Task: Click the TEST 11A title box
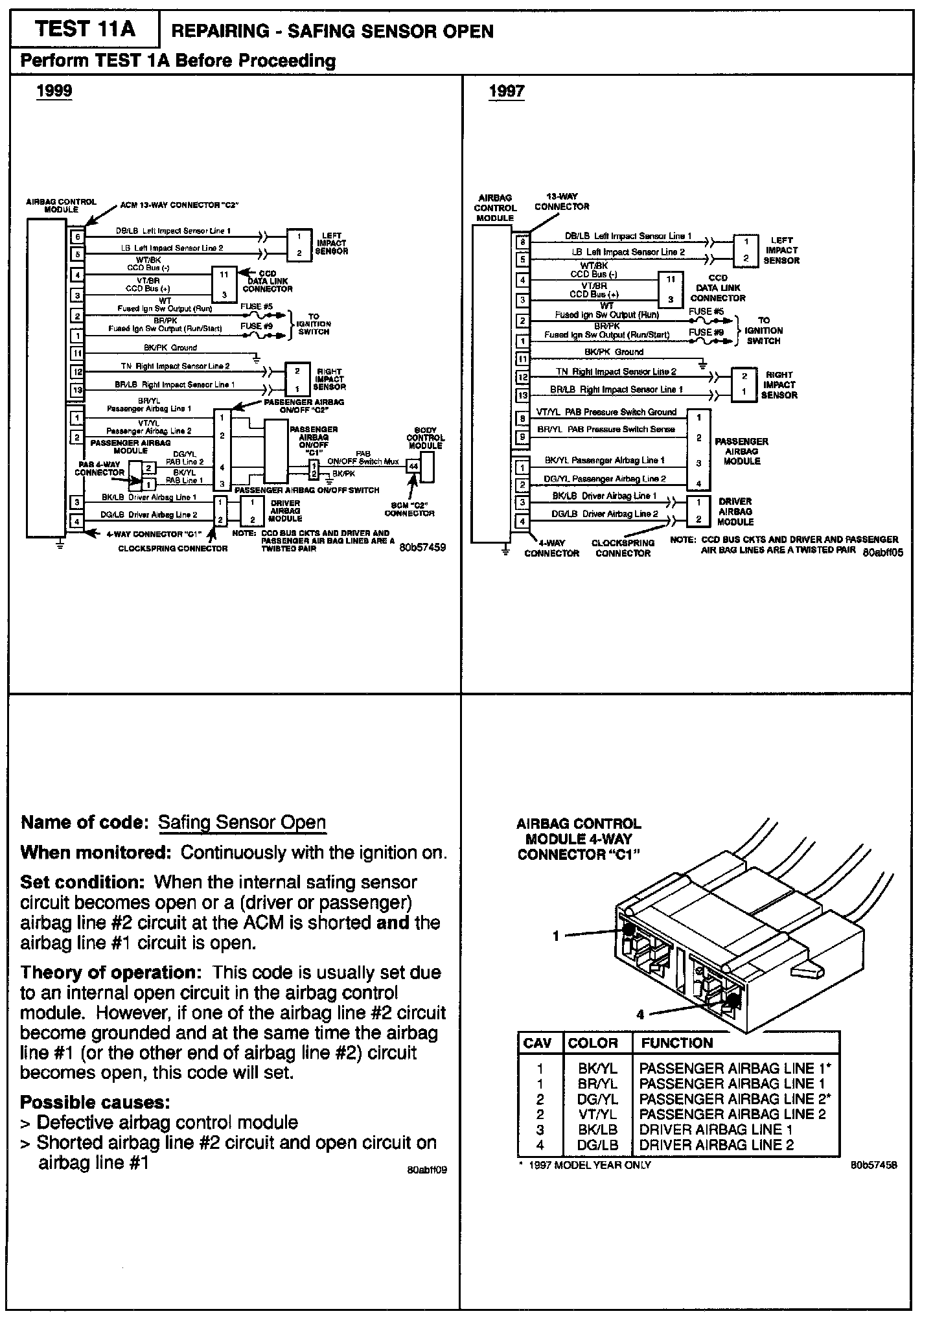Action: click(85, 29)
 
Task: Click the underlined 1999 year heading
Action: click(54, 91)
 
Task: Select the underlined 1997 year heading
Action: click(506, 91)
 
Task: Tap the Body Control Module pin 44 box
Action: click(413, 466)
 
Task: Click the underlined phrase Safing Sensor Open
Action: click(242, 822)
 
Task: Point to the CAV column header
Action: click(537, 1043)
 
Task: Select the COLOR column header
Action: click(592, 1043)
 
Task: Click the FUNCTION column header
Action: click(676, 1043)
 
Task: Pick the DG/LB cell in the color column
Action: click(597, 1145)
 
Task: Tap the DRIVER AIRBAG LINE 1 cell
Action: click(716, 1129)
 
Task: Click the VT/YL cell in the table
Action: click(597, 1114)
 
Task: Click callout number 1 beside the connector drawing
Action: click(556, 936)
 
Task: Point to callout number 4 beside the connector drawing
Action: click(640, 1015)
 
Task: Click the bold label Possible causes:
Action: click(95, 1102)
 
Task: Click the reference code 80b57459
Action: click(422, 548)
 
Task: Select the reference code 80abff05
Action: click(882, 552)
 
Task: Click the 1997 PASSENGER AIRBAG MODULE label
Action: click(741, 451)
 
